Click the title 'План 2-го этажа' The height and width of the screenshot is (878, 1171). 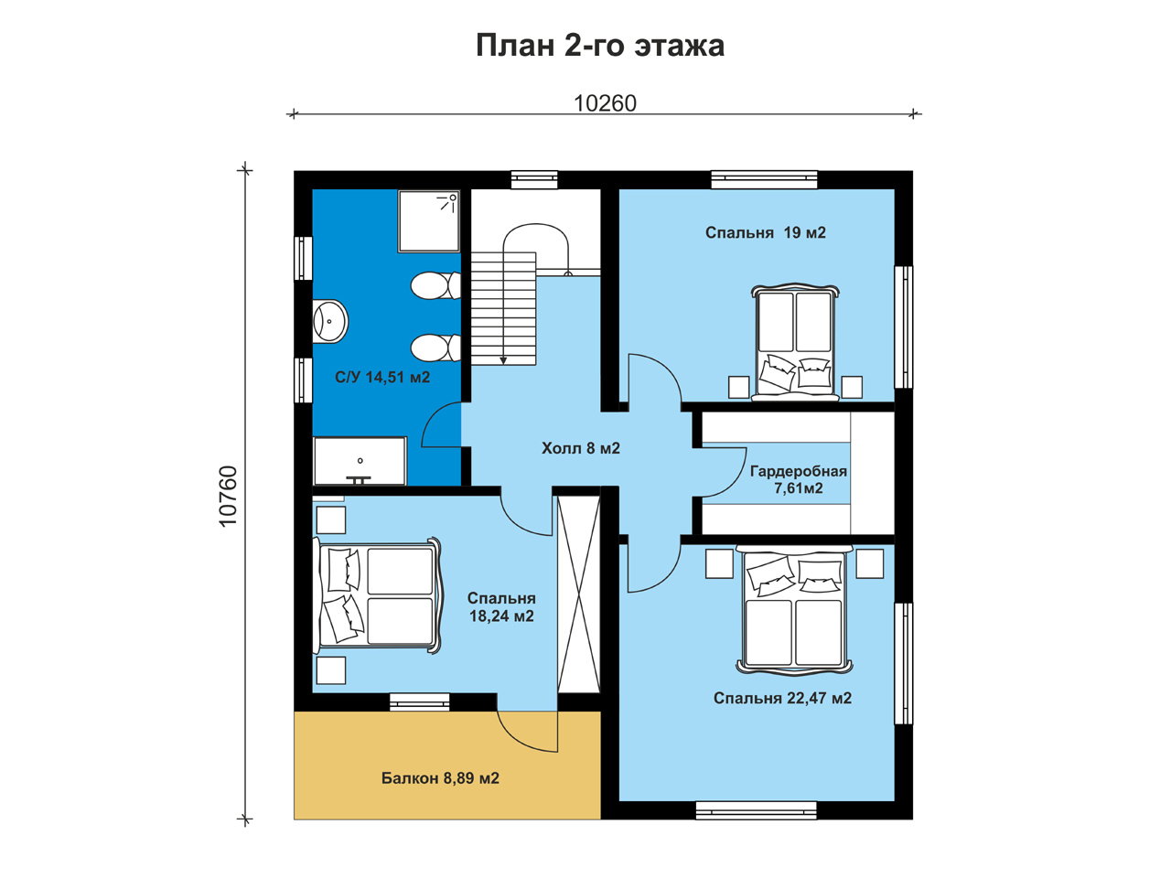coord(599,46)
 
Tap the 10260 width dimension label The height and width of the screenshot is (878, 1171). coord(605,103)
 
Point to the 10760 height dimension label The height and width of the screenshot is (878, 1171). coord(228,497)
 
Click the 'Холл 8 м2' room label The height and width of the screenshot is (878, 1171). coord(580,448)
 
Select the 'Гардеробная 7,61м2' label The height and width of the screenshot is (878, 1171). coord(798,479)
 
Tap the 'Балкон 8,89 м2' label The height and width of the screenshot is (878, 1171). coord(440,778)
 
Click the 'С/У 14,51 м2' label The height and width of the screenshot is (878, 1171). coord(382,378)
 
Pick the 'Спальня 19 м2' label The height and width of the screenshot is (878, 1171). coord(766,232)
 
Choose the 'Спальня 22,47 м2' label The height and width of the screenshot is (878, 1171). coord(782,699)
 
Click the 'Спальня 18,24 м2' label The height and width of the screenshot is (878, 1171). coord(501,607)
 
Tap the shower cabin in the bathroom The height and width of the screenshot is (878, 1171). coord(429,221)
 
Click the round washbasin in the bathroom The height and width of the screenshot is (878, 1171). coord(330,321)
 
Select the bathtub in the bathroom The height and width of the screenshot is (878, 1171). coord(360,461)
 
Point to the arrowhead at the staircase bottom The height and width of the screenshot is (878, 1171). coord(503,361)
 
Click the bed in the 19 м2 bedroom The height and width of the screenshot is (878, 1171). coord(795,342)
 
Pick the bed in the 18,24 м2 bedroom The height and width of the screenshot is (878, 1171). coord(378,596)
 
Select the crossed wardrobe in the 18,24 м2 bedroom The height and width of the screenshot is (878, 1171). coord(579,594)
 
